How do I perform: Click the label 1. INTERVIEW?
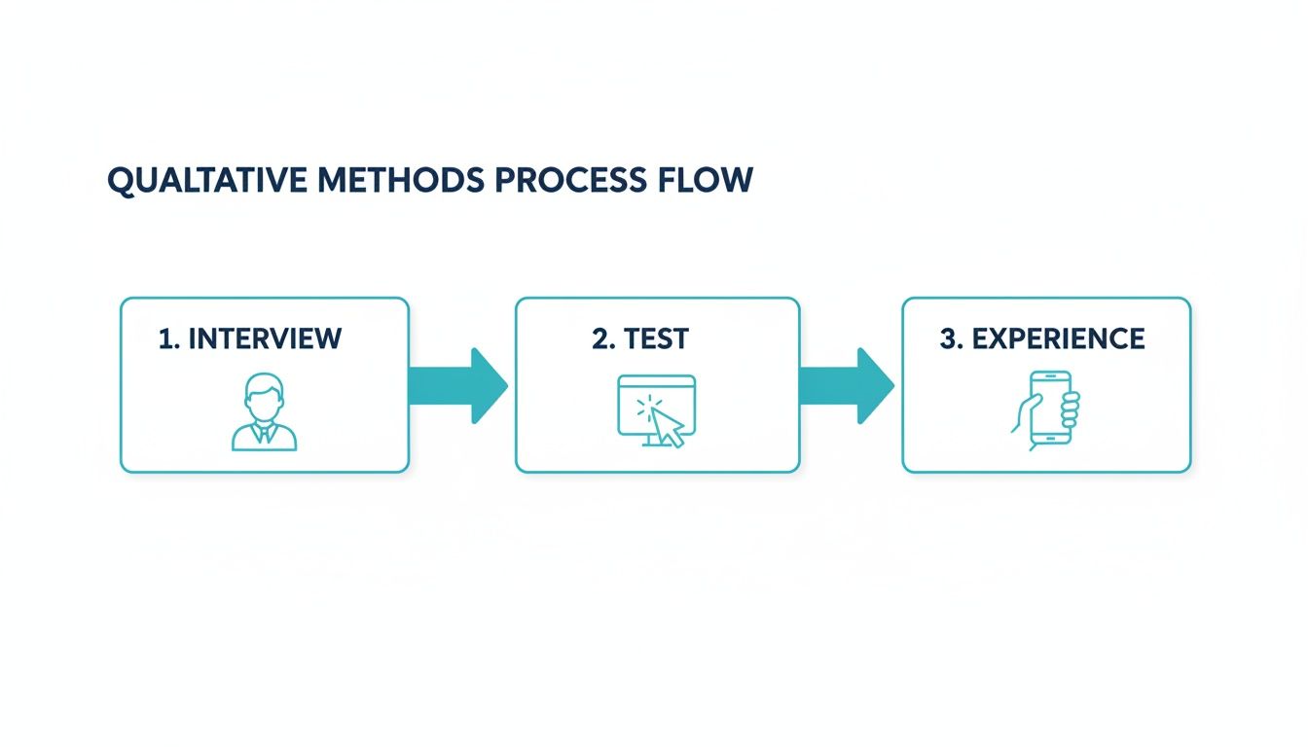(x=250, y=338)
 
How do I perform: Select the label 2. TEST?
(x=640, y=338)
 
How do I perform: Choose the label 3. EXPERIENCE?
(x=1042, y=338)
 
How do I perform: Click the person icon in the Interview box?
(x=264, y=414)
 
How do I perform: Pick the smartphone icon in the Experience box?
(x=1047, y=409)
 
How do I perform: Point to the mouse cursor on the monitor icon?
(x=667, y=426)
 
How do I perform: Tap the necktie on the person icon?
(x=264, y=434)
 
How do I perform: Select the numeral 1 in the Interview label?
(x=163, y=338)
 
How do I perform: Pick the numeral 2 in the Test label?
(x=599, y=338)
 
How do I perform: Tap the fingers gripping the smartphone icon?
(x=1070, y=409)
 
